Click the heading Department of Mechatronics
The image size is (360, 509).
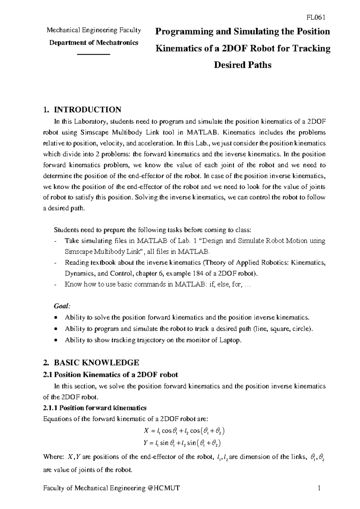point(94,42)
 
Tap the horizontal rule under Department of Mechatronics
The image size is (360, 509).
point(94,54)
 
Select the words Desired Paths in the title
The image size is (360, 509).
point(242,65)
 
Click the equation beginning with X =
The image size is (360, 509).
point(184,431)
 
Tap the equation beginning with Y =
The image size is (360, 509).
point(182,443)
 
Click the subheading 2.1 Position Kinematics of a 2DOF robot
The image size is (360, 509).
point(111,375)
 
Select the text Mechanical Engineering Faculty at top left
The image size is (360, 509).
point(94,30)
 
